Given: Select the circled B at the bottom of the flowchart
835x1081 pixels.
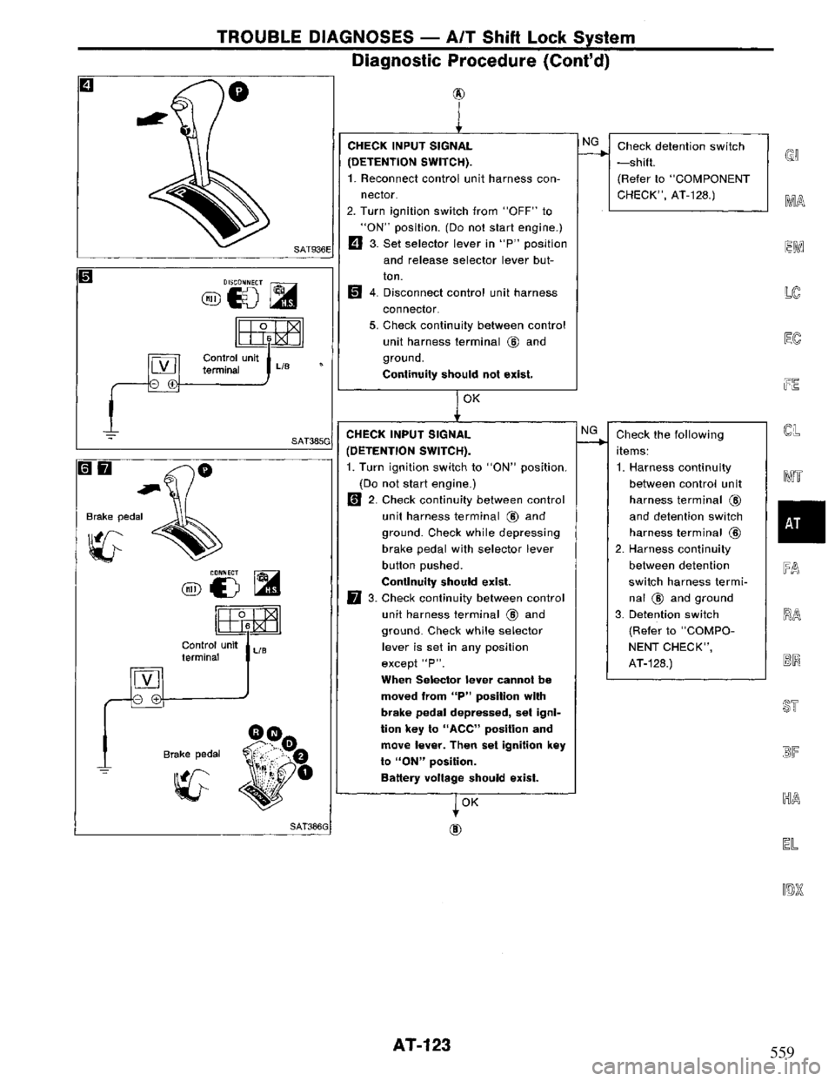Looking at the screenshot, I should click(x=456, y=829).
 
